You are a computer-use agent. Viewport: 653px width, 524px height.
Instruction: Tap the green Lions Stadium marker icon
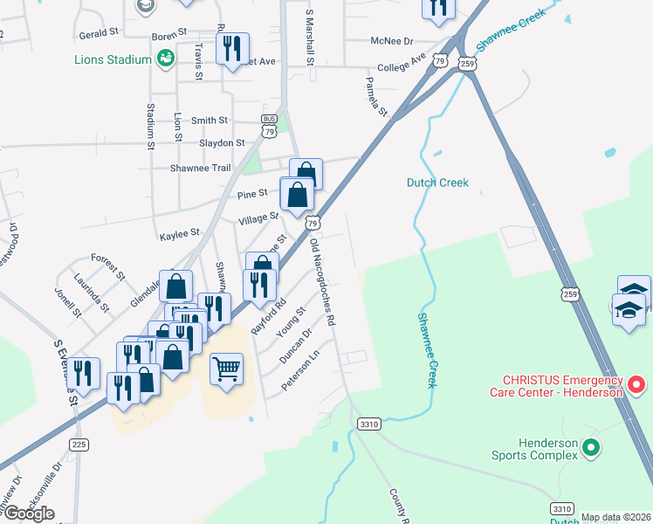point(164,59)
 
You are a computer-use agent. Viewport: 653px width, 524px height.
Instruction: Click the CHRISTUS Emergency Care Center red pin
point(637,383)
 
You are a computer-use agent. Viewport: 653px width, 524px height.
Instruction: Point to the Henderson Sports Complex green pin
point(591,448)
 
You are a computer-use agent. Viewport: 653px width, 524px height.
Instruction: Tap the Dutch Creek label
point(437,183)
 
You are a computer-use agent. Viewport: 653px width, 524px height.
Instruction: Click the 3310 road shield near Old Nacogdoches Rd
point(369,424)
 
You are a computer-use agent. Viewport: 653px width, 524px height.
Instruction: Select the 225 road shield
point(79,445)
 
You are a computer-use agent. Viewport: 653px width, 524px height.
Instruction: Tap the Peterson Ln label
point(301,370)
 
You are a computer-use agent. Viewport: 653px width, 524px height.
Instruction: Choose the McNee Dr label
point(390,40)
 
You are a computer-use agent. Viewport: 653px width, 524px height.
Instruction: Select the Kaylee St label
point(180,234)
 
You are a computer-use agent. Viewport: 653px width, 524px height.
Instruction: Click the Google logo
point(29,514)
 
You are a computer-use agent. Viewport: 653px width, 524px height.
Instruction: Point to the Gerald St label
point(99,31)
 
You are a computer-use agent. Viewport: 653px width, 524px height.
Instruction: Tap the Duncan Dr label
point(296,346)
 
